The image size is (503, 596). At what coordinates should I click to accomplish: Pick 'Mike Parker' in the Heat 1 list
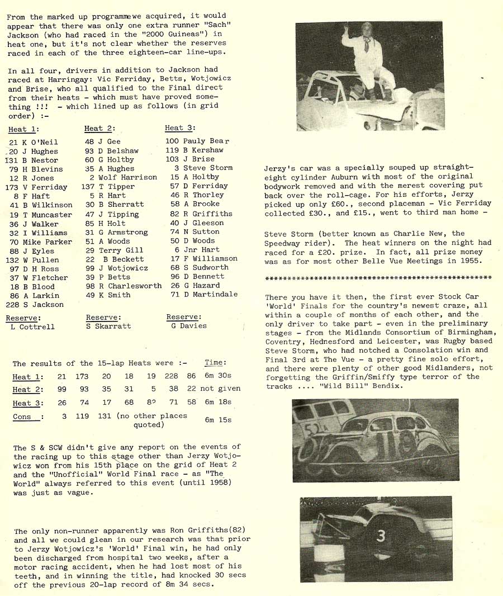tap(48, 242)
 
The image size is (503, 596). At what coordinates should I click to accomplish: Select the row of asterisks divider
tap(378, 278)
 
